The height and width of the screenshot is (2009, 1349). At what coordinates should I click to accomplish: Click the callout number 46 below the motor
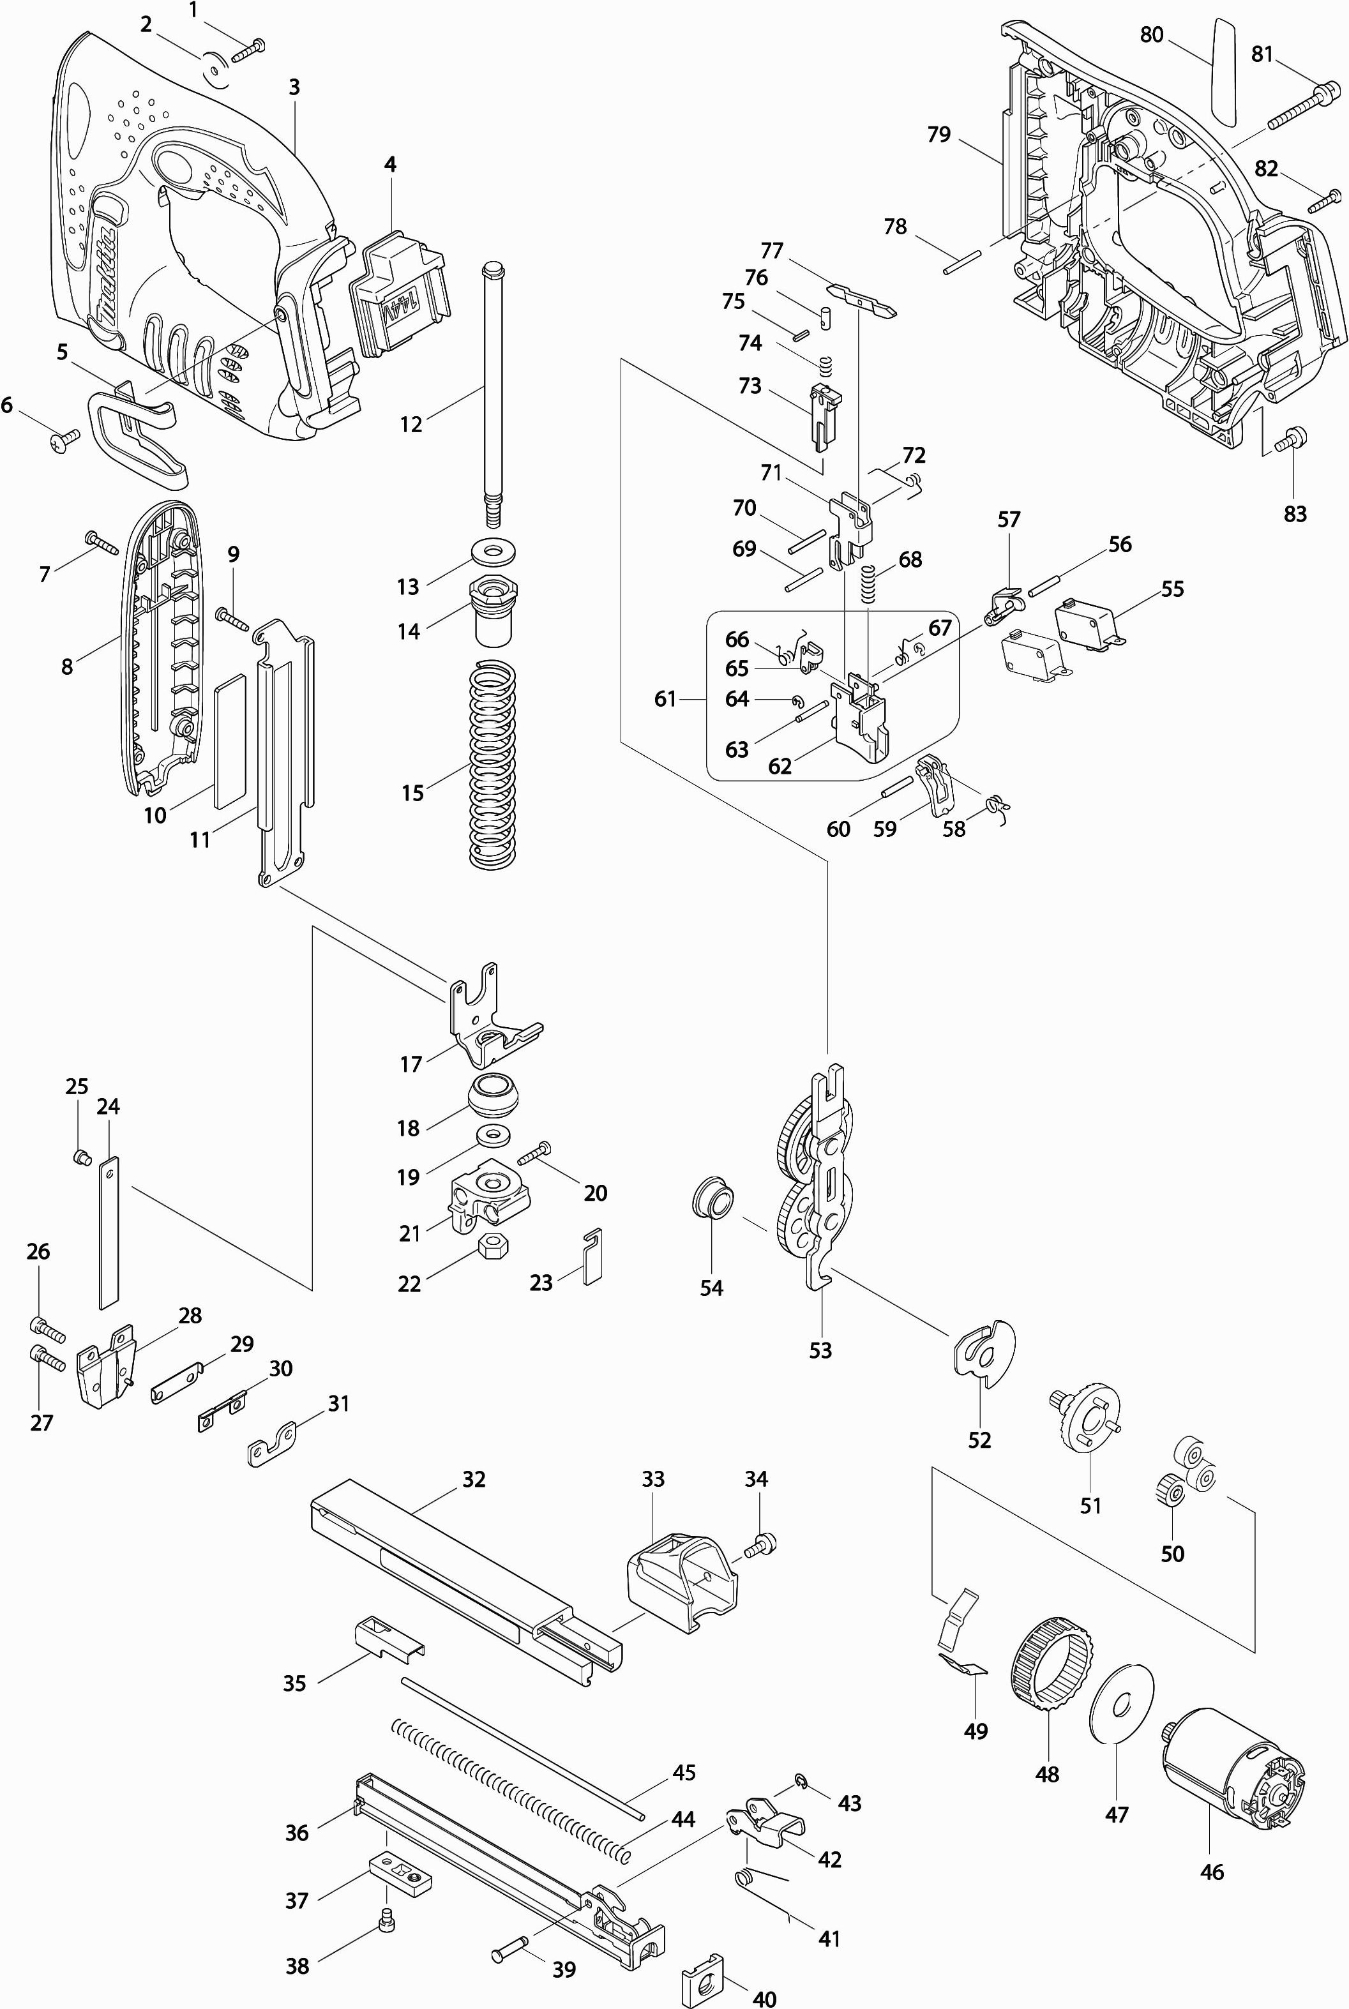click(x=1211, y=1871)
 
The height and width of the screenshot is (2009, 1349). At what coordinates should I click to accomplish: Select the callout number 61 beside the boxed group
click(x=665, y=699)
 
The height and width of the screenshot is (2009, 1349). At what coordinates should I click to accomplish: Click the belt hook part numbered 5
click(x=138, y=430)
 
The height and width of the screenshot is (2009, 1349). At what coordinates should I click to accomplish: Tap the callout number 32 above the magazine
click(x=474, y=1479)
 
